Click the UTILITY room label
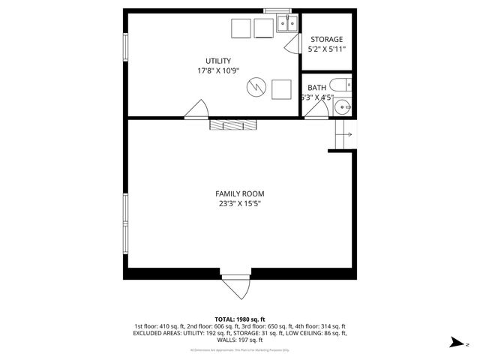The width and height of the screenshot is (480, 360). point(218,61)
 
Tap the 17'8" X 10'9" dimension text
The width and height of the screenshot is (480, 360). point(218,71)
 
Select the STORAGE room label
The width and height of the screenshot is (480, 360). point(326,39)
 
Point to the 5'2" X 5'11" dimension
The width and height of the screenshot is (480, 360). point(326,49)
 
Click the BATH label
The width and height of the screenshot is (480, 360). point(316,87)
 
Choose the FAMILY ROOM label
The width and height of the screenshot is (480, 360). point(240,193)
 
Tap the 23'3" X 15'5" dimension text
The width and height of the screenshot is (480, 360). point(240,203)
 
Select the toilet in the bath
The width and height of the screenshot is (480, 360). point(340,84)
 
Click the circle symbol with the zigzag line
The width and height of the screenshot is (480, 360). point(256,88)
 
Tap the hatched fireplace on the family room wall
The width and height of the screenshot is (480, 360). point(233,124)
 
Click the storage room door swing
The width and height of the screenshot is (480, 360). point(292,44)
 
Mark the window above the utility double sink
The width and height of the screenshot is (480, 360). point(276,10)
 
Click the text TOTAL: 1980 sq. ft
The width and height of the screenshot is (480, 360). point(240,319)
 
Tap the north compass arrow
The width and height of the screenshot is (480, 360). point(454,342)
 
